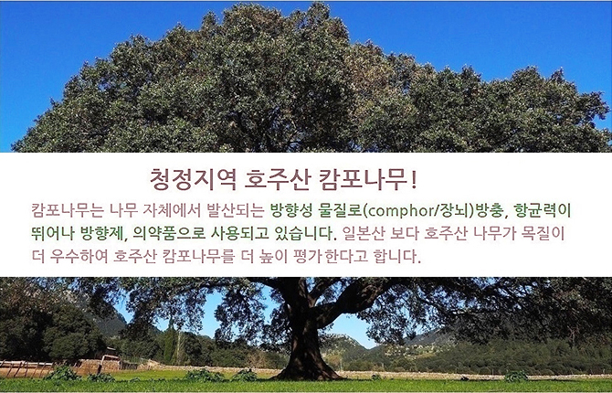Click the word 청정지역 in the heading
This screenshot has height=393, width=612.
(x=193, y=180)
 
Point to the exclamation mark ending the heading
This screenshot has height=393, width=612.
(x=414, y=180)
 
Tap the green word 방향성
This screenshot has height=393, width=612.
(x=291, y=210)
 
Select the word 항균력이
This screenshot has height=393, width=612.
(x=543, y=210)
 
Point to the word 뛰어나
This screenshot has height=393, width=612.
(x=53, y=233)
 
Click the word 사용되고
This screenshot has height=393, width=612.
(x=240, y=233)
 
